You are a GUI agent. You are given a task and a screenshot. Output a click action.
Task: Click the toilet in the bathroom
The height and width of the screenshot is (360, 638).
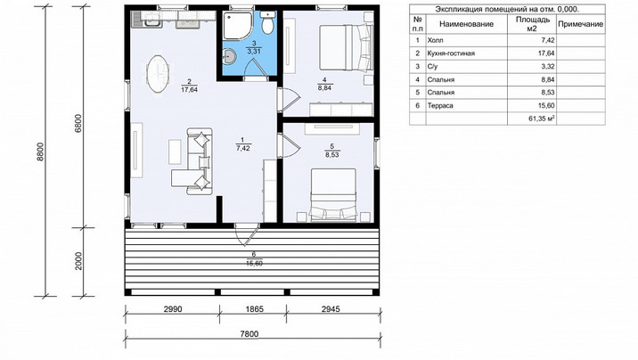pos(267,22)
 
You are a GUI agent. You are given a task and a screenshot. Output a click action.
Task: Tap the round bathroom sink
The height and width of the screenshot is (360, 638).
pos(230,56)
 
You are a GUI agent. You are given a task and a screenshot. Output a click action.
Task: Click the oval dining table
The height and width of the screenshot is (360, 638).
pos(158,74)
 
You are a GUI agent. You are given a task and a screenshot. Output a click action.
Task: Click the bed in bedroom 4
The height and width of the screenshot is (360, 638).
pos(346,47)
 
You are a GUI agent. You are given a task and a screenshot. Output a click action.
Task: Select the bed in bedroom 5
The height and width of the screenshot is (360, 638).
pos(333,195)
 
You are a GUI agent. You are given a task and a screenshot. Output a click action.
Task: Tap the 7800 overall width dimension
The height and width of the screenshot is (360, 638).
pos(249,334)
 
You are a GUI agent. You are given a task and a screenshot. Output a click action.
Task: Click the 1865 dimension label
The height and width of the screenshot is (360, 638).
pos(254,309)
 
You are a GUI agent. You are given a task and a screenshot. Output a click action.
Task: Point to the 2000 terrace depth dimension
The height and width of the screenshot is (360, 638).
pos(78,261)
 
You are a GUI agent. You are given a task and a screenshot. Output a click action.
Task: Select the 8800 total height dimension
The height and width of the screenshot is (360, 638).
pos(40,151)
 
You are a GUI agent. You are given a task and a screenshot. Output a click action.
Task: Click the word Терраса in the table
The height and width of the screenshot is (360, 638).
pos(440,106)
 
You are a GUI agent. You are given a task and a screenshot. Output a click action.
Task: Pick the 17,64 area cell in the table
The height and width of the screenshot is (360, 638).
pos(547,53)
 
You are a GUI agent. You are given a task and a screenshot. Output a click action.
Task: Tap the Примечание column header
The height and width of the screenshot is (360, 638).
pos(580,24)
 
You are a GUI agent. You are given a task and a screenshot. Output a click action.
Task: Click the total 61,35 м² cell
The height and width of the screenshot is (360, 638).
pos(542,119)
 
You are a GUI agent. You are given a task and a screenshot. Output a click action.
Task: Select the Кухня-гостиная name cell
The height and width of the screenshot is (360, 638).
pos(451,53)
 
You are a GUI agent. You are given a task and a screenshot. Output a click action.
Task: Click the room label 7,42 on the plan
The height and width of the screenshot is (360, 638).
pos(243,149)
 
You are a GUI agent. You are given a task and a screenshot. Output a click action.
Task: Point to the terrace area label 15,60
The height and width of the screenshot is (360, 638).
pos(254,263)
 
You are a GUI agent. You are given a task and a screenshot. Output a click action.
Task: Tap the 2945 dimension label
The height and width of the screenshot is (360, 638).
pos(331,309)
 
